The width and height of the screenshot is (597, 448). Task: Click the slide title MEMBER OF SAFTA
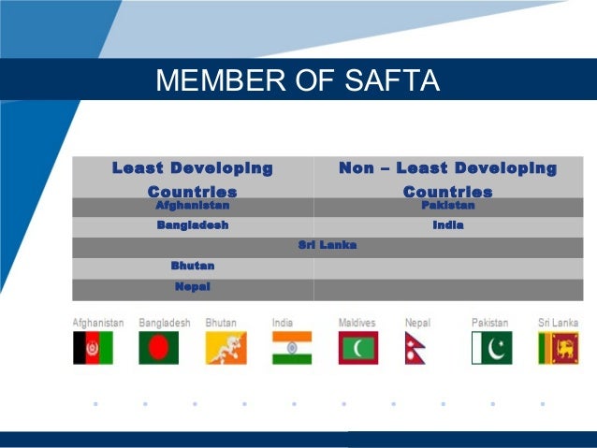click(x=298, y=80)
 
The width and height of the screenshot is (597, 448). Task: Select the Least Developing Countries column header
click(x=193, y=179)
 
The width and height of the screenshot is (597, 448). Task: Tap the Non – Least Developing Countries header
click(x=447, y=179)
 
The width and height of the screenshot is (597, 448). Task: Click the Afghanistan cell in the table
click(x=193, y=205)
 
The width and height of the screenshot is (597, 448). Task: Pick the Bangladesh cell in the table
click(x=193, y=225)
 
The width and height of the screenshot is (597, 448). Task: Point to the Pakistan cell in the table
click(x=447, y=205)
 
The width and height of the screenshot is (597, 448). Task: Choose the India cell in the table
click(x=447, y=225)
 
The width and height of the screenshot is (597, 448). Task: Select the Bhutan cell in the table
click(x=193, y=266)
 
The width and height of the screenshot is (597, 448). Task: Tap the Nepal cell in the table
click(x=193, y=286)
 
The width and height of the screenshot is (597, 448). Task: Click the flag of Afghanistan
click(x=93, y=348)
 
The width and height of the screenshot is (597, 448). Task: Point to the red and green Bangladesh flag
click(x=158, y=348)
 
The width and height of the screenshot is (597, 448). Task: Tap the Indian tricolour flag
click(x=292, y=348)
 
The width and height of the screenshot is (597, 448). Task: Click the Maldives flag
click(x=358, y=348)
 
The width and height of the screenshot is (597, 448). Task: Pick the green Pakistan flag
click(x=491, y=348)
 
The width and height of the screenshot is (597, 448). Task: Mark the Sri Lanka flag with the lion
click(x=558, y=348)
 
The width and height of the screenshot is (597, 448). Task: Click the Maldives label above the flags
click(x=357, y=323)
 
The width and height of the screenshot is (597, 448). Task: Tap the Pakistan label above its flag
click(x=490, y=323)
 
